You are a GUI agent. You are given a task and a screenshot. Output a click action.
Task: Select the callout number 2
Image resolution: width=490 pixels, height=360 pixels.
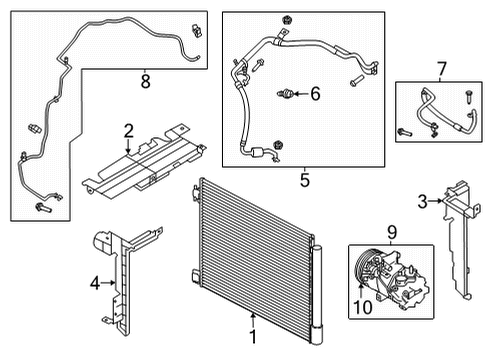[128, 129]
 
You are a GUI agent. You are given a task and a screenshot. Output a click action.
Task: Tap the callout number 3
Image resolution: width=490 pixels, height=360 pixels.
[423, 203]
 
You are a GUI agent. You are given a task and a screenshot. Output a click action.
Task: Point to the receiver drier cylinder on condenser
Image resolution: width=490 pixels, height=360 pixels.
[319, 290]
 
